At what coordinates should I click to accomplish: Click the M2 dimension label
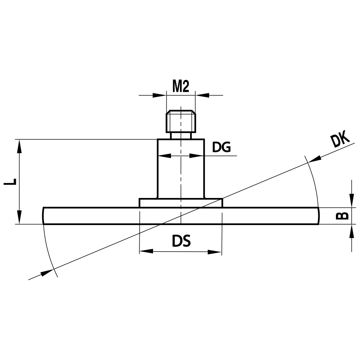coord(181,86)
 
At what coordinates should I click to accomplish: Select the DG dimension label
coord(221,147)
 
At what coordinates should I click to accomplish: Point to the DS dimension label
coord(181,242)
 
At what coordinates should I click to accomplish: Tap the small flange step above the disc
coord(181,203)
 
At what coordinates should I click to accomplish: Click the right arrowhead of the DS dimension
coord(215,252)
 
